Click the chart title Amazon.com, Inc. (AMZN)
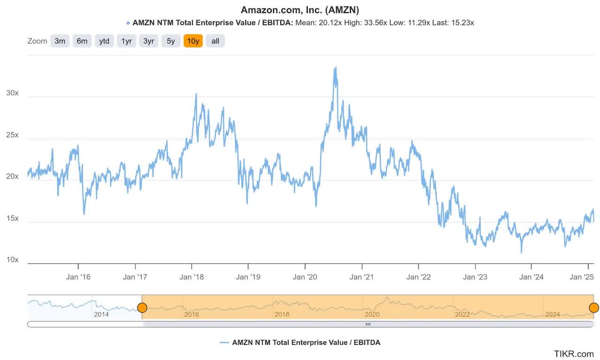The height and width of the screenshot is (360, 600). pyautogui.click(x=300, y=10)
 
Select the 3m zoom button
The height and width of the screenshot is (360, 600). pyautogui.click(x=60, y=41)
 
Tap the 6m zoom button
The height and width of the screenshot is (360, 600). pyautogui.click(x=82, y=41)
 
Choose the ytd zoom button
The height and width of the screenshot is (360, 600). pyautogui.click(x=104, y=41)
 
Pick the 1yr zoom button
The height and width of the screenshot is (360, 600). pyautogui.click(x=127, y=41)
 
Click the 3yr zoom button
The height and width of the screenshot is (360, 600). pyautogui.click(x=149, y=41)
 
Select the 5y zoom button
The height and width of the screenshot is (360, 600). pyautogui.click(x=171, y=41)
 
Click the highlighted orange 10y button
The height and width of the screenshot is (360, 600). pyautogui.click(x=193, y=41)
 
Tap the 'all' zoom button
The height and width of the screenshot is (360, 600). pyautogui.click(x=215, y=41)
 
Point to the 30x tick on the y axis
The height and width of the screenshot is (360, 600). pyautogui.click(x=12, y=93)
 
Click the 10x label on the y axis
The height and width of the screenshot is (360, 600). pyautogui.click(x=12, y=260)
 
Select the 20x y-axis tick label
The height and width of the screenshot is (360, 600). pyautogui.click(x=12, y=176)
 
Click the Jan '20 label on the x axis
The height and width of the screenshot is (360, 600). pyautogui.click(x=305, y=277)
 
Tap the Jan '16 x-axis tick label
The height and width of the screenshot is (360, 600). pyautogui.click(x=78, y=277)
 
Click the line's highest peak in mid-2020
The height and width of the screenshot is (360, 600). pyautogui.click(x=335, y=68)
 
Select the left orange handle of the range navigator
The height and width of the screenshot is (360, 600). pyautogui.click(x=142, y=307)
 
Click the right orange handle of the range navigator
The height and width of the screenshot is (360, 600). pyautogui.click(x=593, y=307)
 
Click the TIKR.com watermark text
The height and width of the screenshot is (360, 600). pyautogui.click(x=574, y=353)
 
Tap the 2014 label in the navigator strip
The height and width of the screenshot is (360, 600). pyautogui.click(x=101, y=314)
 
